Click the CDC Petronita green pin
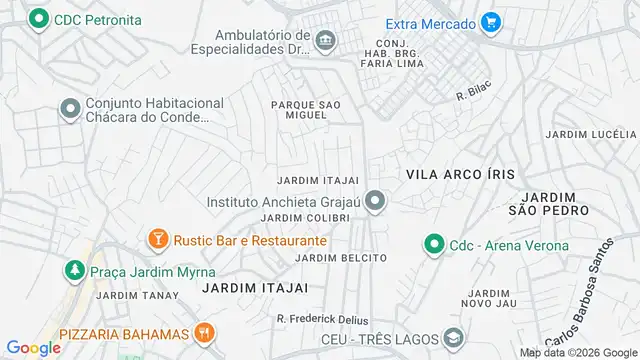click(x=39, y=19)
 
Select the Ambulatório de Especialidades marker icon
click(x=325, y=40)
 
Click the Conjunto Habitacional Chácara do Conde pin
click(x=71, y=107)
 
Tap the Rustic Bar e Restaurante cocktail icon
click(x=157, y=239)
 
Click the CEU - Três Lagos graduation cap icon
click(x=453, y=339)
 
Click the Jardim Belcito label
click(x=341, y=257)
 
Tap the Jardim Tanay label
click(x=138, y=295)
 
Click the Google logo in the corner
click(x=33, y=347)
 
